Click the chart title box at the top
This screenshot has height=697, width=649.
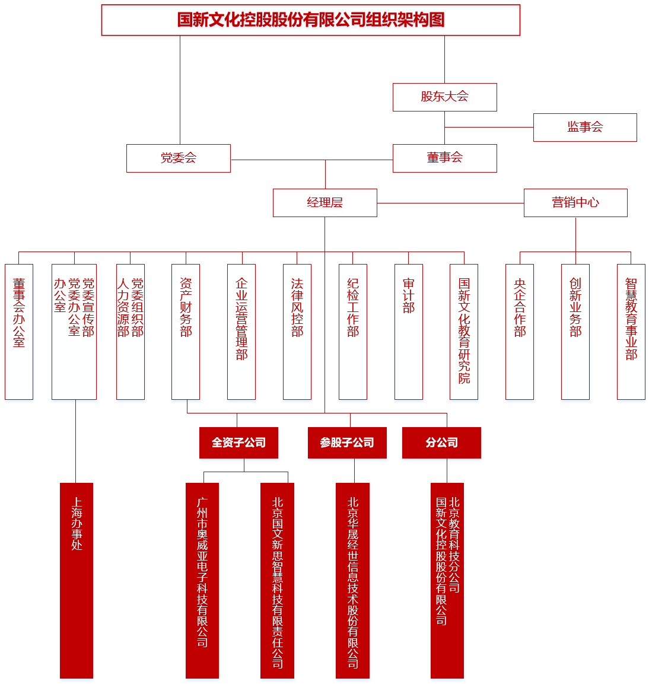tap(310, 20)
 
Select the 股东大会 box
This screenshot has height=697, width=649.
tap(444, 97)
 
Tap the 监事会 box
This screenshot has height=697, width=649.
tap(585, 128)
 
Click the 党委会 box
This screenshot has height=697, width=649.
tap(179, 158)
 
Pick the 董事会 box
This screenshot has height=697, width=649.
tap(444, 158)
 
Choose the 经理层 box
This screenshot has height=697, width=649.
tap(324, 203)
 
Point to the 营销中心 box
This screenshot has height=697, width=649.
tap(575, 203)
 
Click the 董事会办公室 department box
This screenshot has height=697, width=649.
tap(19, 332)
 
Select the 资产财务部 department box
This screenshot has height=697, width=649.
tap(186, 332)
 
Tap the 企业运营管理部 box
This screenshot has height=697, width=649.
tap(241, 332)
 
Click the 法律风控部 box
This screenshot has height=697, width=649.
tap(297, 332)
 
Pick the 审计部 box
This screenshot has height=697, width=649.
tap(409, 332)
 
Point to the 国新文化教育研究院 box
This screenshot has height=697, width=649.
tap(464, 332)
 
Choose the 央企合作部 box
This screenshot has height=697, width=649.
tap(520, 332)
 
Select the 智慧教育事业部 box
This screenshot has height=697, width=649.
tap(631, 332)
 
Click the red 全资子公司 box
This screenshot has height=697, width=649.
tap(238, 443)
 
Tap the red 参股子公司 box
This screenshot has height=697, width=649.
tap(347, 443)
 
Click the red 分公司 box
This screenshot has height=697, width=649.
tap(441, 443)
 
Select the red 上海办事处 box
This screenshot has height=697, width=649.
tap(77, 580)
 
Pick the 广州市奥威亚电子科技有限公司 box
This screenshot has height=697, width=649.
tap(202, 580)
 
